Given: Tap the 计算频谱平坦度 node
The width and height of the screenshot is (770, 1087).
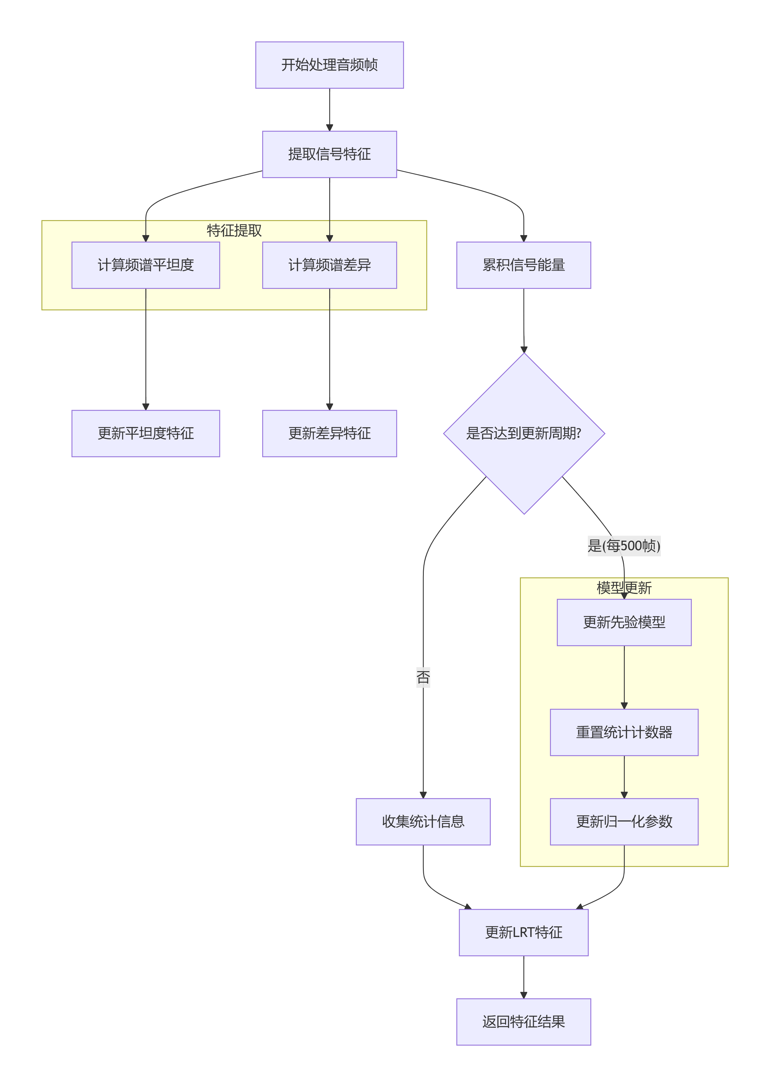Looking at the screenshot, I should (145, 265).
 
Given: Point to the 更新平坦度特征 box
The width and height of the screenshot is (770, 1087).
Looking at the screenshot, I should (145, 433).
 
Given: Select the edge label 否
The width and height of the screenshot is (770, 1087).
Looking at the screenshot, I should (423, 677).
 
